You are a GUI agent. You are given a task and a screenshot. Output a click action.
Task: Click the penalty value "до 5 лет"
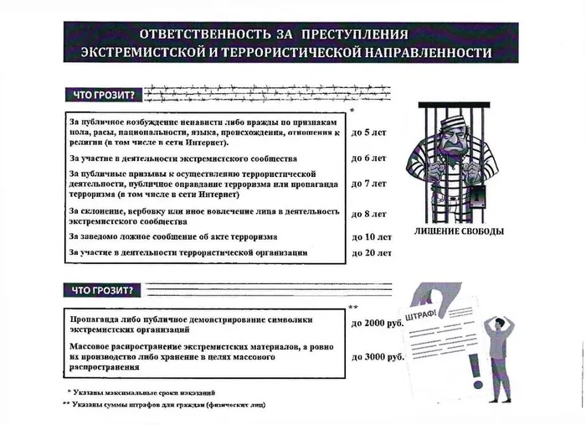point(368,132)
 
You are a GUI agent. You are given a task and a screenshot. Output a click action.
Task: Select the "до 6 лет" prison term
point(368,158)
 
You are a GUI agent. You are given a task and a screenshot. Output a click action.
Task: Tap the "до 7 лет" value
point(368,183)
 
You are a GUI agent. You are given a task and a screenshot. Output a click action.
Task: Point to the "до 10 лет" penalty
point(372,236)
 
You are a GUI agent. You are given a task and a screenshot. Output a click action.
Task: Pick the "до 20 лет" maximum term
point(372,251)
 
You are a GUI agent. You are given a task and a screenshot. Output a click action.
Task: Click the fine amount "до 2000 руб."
point(377,323)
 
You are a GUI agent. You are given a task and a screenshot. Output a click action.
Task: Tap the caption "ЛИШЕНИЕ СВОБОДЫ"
point(459,231)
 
